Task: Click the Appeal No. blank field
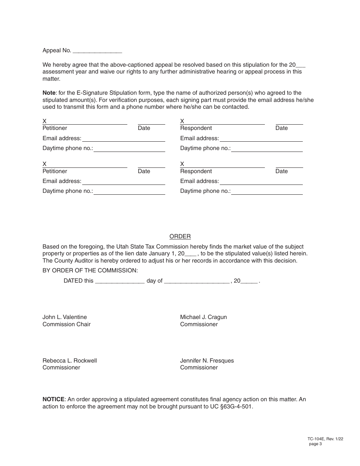97,51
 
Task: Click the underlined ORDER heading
180,236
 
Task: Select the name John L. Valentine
65,317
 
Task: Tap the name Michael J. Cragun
203,317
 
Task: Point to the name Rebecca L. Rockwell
70,361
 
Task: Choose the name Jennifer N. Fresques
207,361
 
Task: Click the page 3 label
315,444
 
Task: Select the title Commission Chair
67,324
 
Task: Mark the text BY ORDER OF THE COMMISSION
90,271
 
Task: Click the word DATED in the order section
73,281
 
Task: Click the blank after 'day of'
197,281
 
